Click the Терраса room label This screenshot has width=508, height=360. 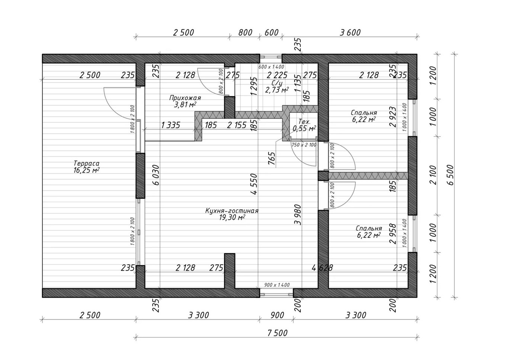pyautogui.click(x=87, y=163)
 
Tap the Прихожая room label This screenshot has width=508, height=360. pyautogui.click(x=185, y=98)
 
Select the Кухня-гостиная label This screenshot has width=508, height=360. pyautogui.click(x=232, y=211)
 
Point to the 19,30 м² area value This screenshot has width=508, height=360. pyautogui.click(x=232, y=218)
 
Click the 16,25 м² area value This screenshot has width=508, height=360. pyautogui.click(x=86, y=170)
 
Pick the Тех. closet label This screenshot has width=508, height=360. pyautogui.click(x=304, y=122)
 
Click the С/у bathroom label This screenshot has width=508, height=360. pyautogui.click(x=277, y=83)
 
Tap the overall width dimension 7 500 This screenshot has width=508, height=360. pyautogui.click(x=277, y=333)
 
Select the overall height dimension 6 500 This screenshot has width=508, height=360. pyautogui.click(x=451, y=175)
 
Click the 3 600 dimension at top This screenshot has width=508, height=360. pyautogui.click(x=350, y=33)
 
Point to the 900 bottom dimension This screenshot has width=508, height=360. pyautogui.click(x=277, y=315)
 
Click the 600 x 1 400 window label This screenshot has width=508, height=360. pyautogui.click(x=271, y=67)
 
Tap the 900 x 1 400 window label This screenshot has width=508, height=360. pyautogui.click(x=277, y=285)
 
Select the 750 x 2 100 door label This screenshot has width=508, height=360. pyautogui.click(x=304, y=145)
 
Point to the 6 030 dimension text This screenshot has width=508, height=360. pyautogui.click(x=156, y=175)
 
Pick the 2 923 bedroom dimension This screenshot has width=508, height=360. pyautogui.click(x=393, y=117)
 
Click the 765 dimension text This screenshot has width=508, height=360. pyautogui.click(x=272, y=158)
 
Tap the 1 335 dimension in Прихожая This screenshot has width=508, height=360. pyautogui.click(x=170, y=125)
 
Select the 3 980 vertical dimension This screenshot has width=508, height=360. pyautogui.click(x=298, y=215)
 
